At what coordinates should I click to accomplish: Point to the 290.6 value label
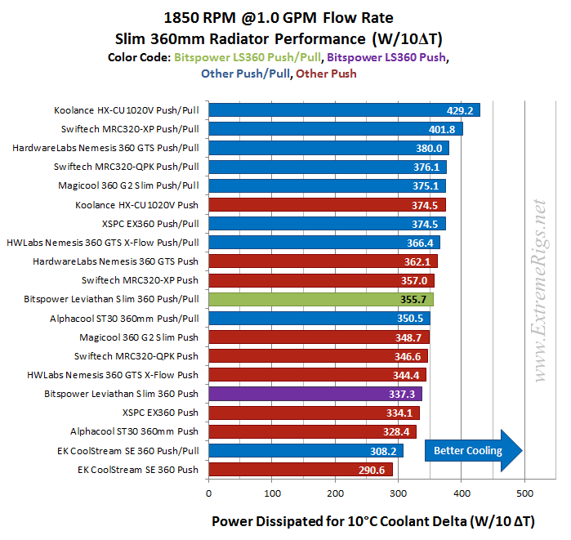372,470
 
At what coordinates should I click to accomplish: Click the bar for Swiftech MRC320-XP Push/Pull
335,129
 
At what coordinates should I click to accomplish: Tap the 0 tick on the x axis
209,493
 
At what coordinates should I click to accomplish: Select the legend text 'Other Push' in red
326,74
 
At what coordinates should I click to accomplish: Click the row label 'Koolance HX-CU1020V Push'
136,204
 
